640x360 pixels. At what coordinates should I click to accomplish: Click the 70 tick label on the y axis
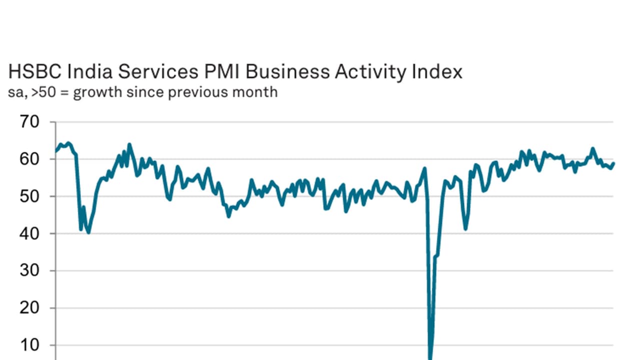[x=29, y=122]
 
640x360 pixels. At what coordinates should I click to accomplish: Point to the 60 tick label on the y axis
[x=29, y=159]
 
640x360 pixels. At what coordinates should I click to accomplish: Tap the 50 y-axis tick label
[x=29, y=196]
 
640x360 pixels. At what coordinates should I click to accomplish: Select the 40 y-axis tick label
[x=29, y=233]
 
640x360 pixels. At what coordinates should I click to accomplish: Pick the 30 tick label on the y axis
[x=29, y=270]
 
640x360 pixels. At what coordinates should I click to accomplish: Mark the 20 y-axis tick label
[x=29, y=308]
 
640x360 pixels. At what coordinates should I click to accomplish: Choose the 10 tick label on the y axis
[x=29, y=345]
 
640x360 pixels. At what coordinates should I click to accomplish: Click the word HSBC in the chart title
[x=35, y=71]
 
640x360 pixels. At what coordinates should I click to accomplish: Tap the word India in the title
[x=89, y=71]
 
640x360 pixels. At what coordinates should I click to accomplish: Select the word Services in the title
[x=158, y=71]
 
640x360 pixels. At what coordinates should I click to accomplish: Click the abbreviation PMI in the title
[x=222, y=71]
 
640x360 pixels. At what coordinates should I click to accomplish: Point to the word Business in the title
[x=287, y=71]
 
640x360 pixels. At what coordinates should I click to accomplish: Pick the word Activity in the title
[x=370, y=72]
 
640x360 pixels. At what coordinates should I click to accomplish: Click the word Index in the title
[x=437, y=71]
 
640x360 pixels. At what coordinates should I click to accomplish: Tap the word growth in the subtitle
[x=97, y=93]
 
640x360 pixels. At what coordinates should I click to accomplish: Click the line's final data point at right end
[x=613, y=163]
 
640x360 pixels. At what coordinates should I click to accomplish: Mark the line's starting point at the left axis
[x=56, y=151]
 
